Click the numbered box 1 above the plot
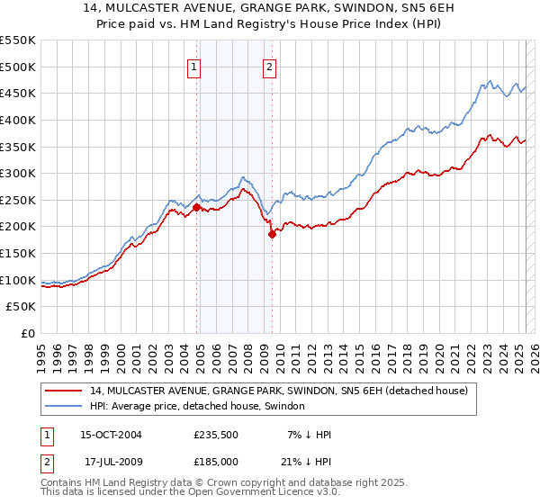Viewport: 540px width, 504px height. [194, 66]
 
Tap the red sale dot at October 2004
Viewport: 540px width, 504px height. [196, 208]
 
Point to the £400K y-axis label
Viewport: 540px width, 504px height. [18, 120]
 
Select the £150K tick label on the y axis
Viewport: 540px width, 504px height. [18, 253]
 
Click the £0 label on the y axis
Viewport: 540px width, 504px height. [27, 333]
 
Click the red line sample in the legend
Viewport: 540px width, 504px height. [63, 391]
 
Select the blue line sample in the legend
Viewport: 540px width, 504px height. [63, 407]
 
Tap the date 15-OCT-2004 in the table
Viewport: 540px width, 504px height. [111, 435]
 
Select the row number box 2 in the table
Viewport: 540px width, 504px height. [47, 461]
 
